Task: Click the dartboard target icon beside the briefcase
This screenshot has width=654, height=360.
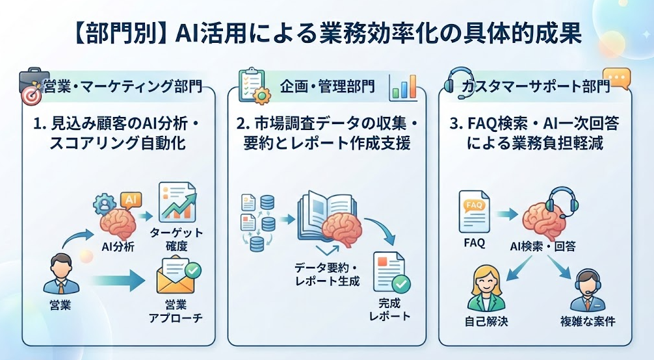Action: point(31,96)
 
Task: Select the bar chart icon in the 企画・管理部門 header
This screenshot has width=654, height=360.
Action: point(403,88)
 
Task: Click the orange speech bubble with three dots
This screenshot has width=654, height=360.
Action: point(618,78)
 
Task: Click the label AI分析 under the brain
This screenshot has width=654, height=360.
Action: point(118,247)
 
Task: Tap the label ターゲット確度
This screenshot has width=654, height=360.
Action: point(176,239)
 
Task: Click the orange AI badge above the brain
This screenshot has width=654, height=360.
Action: point(131,199)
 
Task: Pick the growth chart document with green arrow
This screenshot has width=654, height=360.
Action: point(177,202)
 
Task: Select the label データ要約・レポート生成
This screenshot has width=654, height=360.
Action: point(326,274)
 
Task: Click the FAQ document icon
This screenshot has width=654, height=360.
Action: point(474,211)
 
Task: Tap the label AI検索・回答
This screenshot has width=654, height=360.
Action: point(543,246)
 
